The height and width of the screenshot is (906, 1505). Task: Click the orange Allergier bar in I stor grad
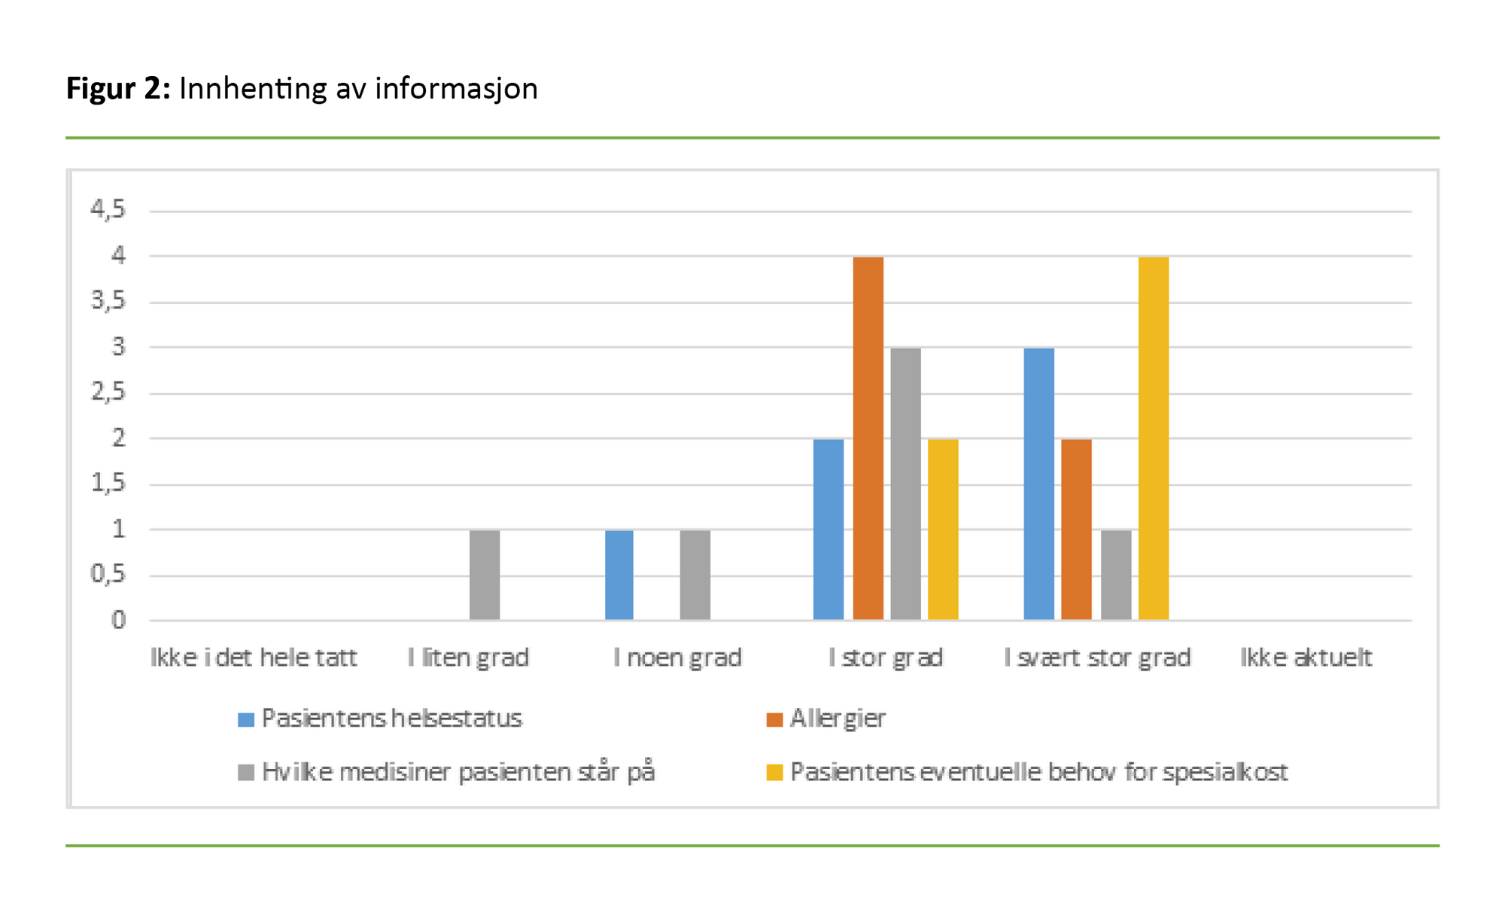(868, 438)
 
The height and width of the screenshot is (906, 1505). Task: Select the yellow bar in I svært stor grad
(1153, 438)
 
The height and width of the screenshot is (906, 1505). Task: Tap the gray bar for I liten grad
(485, 575)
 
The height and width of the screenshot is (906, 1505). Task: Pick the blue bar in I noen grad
(619, 575)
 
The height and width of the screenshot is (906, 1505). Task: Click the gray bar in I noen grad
(695, 575)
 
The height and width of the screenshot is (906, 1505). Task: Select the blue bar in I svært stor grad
(1038, 484)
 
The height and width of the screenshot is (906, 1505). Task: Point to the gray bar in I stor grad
(905, 484)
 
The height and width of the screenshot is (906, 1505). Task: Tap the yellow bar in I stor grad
(943, 529)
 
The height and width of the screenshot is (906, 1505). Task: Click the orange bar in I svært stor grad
(1076, 529)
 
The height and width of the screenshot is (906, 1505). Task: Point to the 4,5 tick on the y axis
(108, 209)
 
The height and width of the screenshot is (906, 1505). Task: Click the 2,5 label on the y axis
(108, 392)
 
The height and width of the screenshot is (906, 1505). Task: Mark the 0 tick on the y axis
(118, 621)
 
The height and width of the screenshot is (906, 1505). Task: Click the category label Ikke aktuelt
(1306, 658)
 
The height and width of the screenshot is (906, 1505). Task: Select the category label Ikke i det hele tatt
(254, 658)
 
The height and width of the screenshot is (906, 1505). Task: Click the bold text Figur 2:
(118, 89)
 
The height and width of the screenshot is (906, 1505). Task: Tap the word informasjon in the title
(456, 89)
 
